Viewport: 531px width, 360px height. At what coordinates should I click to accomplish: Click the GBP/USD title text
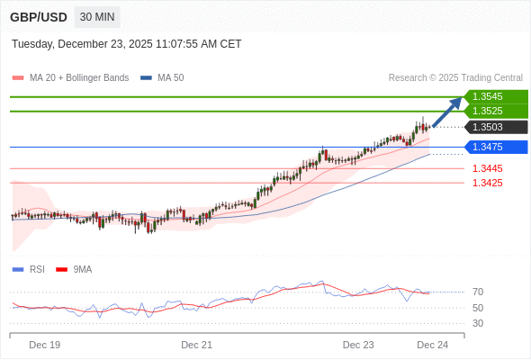38,17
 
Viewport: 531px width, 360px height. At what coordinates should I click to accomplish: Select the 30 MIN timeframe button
96,17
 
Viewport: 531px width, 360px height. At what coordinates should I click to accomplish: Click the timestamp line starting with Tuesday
126,44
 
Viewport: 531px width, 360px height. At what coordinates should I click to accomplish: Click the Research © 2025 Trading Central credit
455,77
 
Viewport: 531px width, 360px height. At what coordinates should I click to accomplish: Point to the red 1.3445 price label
487,168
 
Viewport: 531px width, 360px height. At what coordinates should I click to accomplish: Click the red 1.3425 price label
487,183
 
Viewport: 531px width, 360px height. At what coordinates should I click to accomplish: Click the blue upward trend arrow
446,112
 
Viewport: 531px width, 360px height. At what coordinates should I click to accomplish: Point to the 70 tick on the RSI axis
478,292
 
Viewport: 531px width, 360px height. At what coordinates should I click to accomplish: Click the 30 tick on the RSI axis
478,323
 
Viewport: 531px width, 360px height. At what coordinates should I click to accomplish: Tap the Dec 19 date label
44,345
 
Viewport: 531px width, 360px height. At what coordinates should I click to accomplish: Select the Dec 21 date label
196,345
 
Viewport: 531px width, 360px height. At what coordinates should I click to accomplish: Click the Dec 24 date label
432,345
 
